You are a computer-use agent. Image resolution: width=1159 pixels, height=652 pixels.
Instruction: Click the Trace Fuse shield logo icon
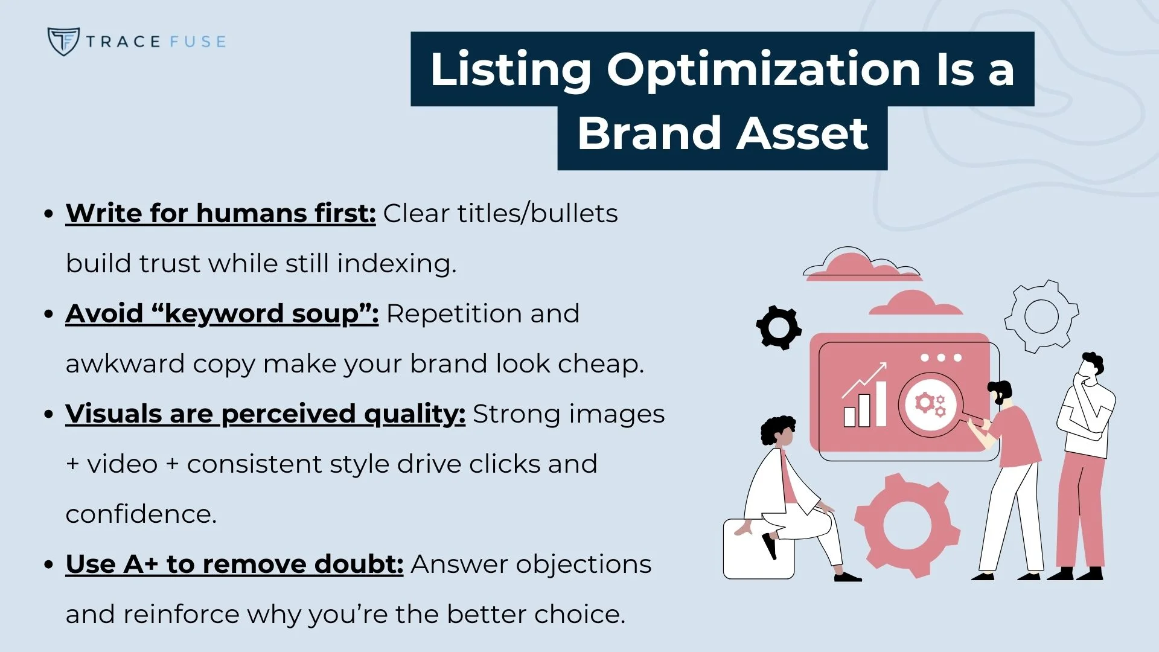pos(63,41)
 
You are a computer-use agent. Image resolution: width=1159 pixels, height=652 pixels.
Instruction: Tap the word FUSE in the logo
pos(197,42)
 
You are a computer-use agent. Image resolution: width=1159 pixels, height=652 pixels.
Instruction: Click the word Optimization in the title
pos(764,69)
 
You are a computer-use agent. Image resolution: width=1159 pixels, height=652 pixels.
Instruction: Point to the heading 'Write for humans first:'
pos(220,213)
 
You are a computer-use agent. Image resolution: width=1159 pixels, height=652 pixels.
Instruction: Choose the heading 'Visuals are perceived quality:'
pos(265,414)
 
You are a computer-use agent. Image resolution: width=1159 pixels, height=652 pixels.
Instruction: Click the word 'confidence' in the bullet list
pos(139,514)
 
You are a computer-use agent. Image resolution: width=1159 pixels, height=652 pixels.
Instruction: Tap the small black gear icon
pos(779,328)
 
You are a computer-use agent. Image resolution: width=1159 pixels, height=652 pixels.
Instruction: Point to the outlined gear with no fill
pos(1041,316)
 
